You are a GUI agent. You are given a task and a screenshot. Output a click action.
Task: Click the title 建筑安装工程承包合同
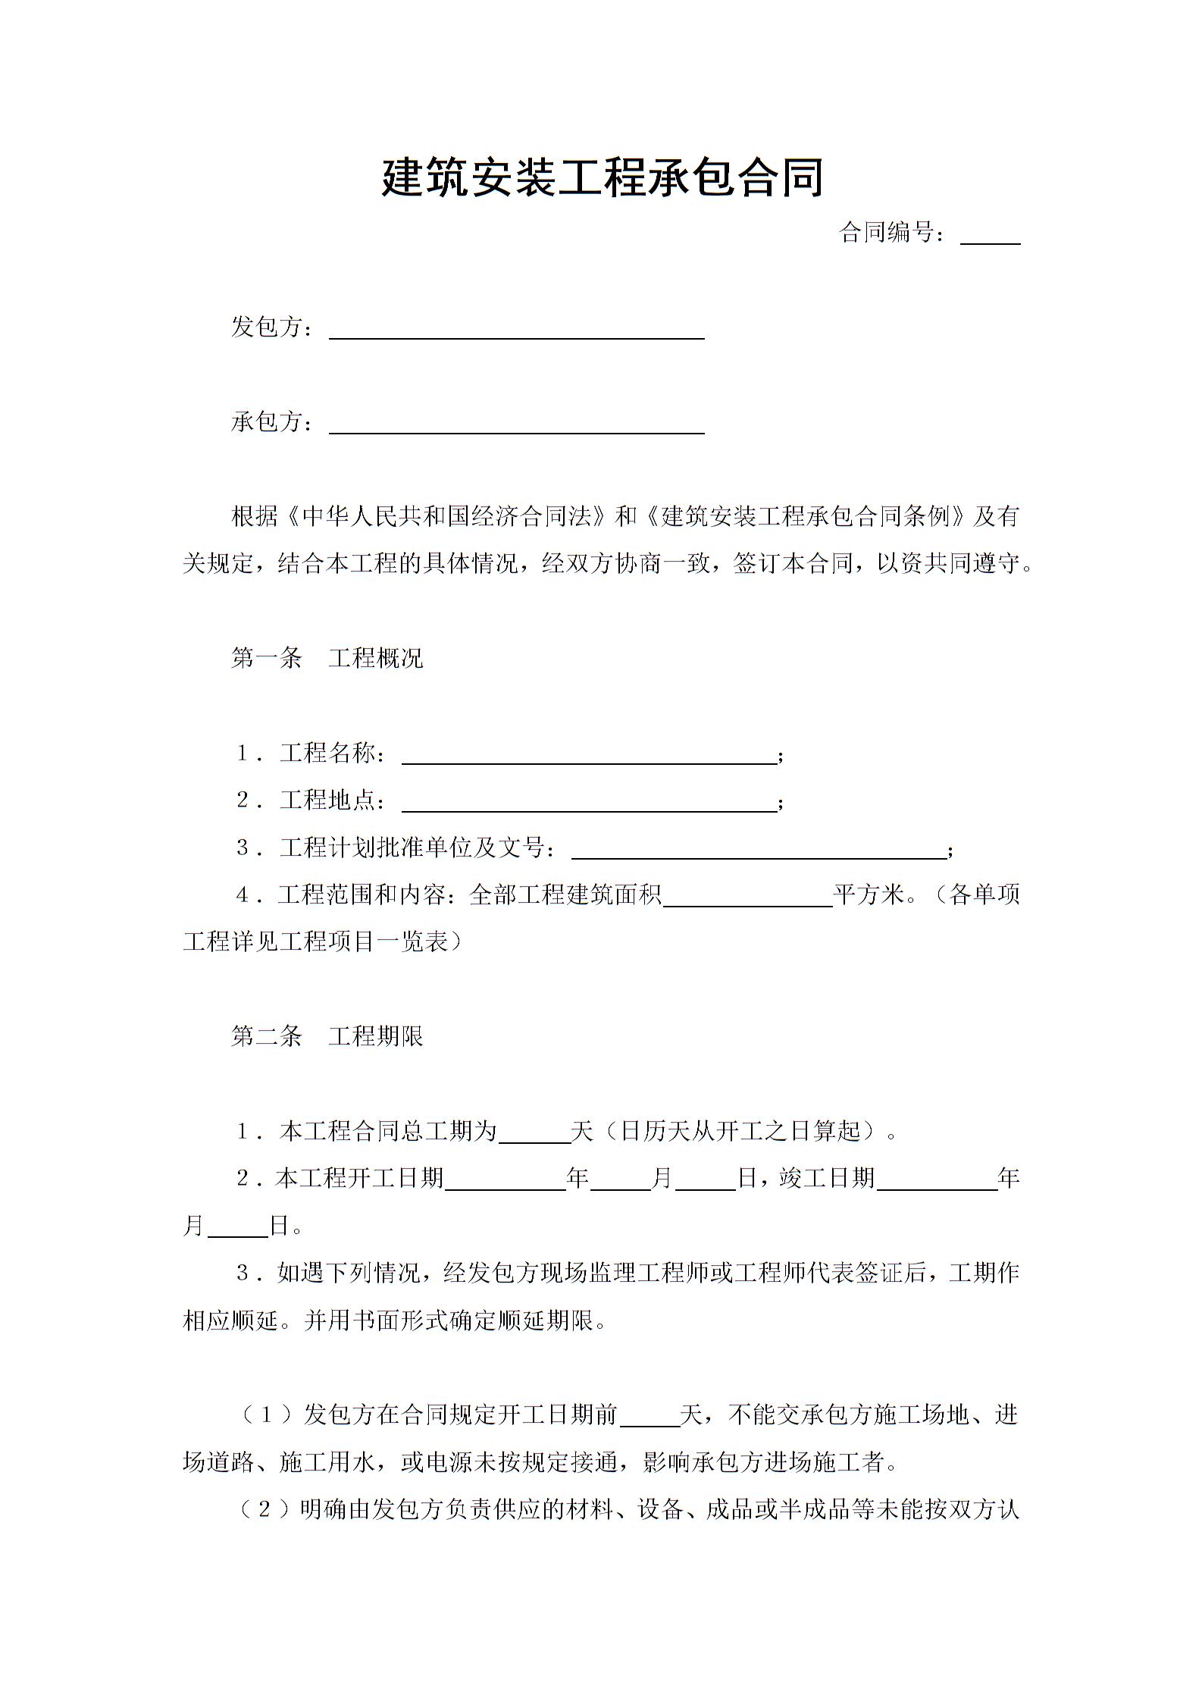pos(602,179)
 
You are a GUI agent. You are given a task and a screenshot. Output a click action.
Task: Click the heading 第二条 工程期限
pos(327,1036)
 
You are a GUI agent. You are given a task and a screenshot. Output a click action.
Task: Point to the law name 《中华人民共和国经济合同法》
pos(447,517)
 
